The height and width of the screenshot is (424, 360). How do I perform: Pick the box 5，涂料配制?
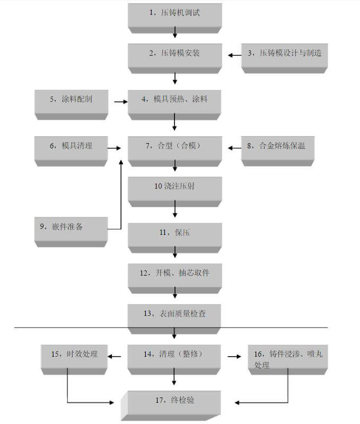pos(71,101)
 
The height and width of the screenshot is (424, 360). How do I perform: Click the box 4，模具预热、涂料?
pos(174,101)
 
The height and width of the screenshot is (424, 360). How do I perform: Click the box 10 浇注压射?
pos(174,188)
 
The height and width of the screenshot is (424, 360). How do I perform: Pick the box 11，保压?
pos(174,234)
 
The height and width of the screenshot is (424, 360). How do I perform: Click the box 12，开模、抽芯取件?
pos(174,275)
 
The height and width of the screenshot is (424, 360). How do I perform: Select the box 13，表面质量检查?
pos(174,315)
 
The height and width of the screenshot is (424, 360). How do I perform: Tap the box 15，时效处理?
pos(75,356)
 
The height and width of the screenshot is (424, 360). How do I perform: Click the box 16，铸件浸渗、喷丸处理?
pos(288,358)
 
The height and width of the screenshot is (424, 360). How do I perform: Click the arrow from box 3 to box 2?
pos(234,54)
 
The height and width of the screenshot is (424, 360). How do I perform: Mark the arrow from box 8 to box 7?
pos(234,148)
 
